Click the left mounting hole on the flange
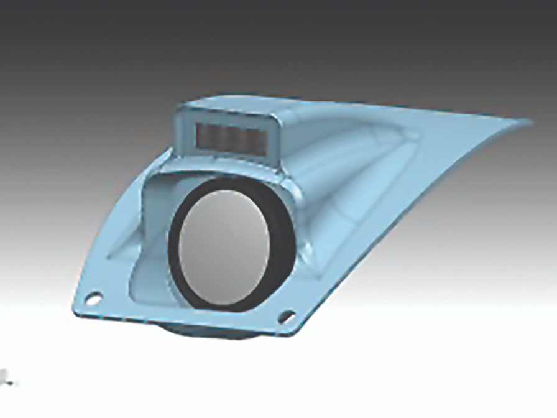(x=93, y=299)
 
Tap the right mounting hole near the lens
(x=286, y=317)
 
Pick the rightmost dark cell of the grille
(x=254, y=139)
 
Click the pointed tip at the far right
(x=529, y=121)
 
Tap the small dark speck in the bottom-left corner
(x=7, y=376)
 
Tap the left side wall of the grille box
(x=180, y=131)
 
